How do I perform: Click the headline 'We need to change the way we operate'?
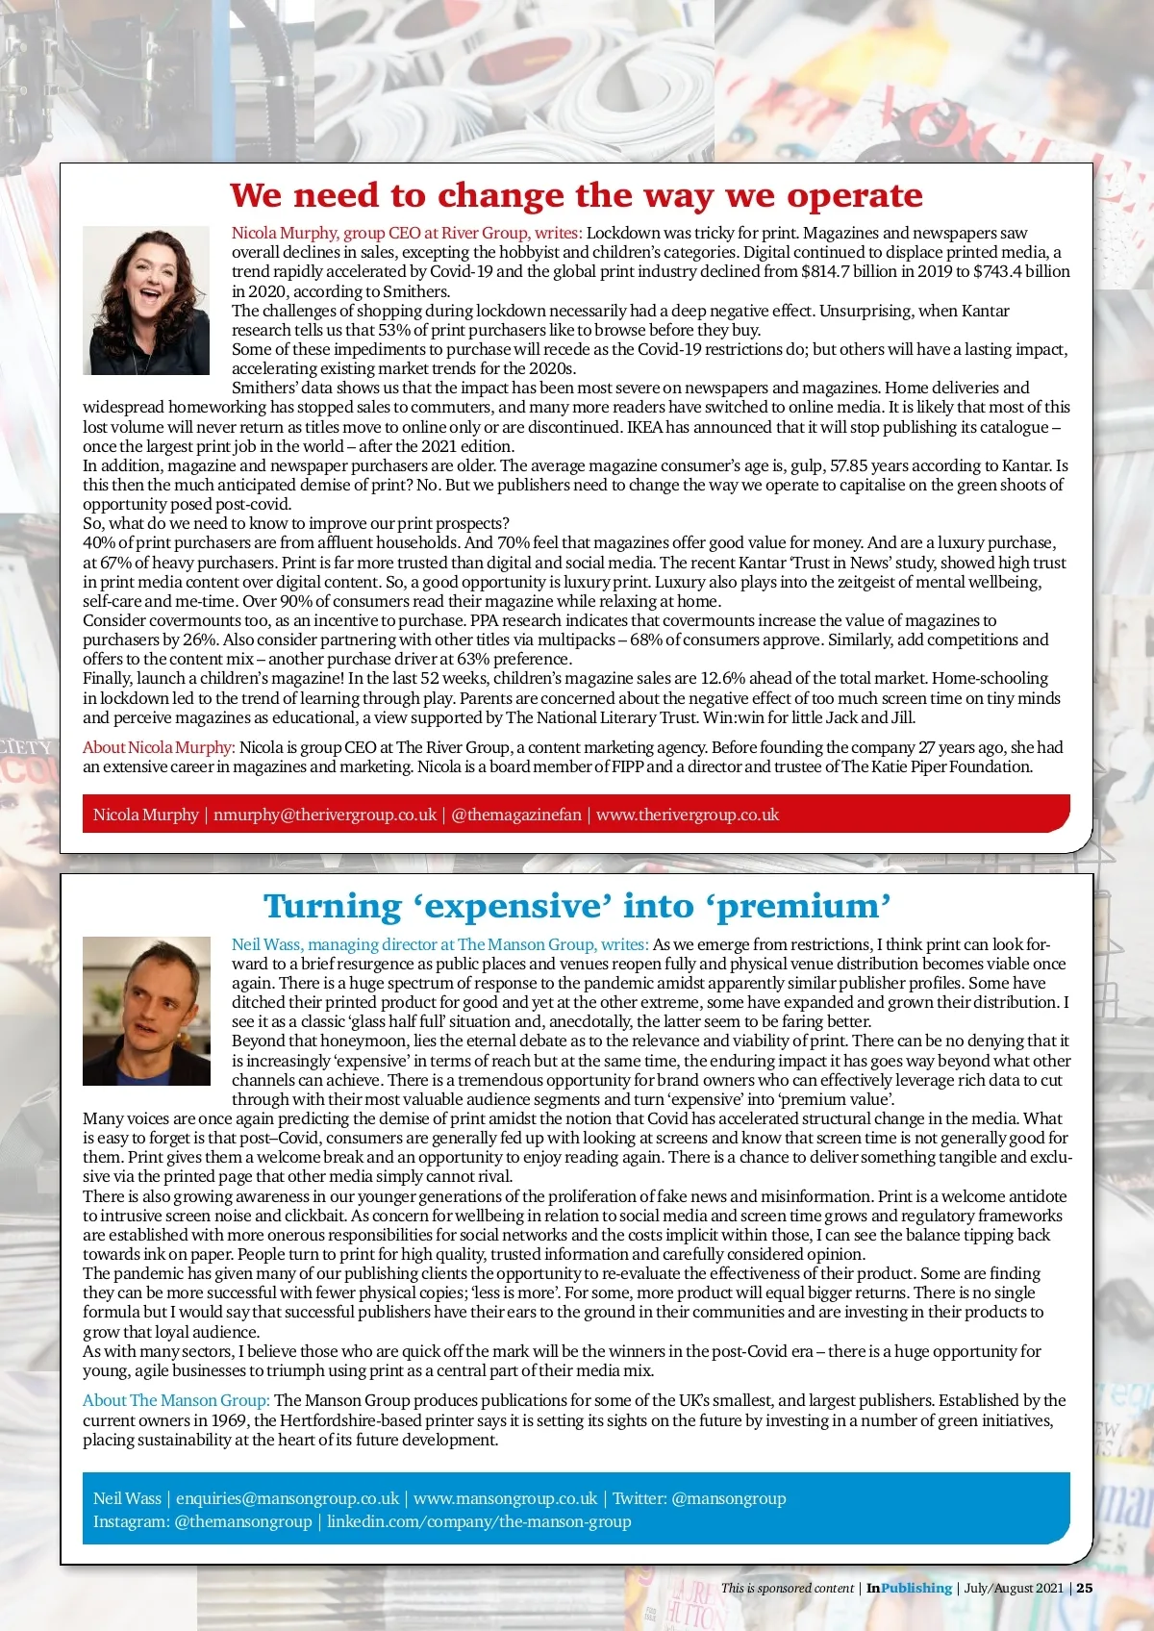click(576, 196)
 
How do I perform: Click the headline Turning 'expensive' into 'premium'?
click(577, 907)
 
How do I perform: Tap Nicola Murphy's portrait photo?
click(146, 300)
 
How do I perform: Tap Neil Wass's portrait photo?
click(146, 1011)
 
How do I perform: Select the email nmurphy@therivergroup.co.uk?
click(324, 815)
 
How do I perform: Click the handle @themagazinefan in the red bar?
click(516, 815)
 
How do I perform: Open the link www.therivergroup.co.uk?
click(687, 815)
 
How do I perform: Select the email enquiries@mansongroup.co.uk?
click(287, 1498)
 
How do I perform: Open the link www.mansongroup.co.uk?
click(505, 1498)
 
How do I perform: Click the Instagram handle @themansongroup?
click(243, 1521)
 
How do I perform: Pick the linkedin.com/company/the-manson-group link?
click(479, 1521)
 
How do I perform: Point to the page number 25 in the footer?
click(1085, 1588)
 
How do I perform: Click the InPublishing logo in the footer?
click(909, 1588)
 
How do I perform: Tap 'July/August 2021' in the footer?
click(1014, 1588)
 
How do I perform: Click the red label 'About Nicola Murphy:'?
click(159, 747)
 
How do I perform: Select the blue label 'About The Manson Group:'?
click(176, 1400)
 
